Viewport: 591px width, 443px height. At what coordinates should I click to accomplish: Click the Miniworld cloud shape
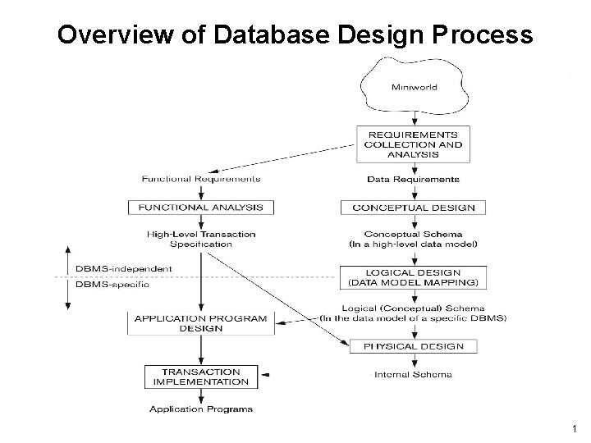pyautogui.click(x=413, y=86)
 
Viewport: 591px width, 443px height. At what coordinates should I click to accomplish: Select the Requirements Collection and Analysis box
pyautogui.click(x=413, y=144)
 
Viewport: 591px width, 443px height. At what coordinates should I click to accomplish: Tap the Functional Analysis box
pyautogui.click(x=201, y=207)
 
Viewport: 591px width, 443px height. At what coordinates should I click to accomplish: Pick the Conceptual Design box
pyautogui.click(x=413, y=207)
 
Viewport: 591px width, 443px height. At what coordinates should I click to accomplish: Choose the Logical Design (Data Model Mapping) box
pyautogui.click(x=413, y=277)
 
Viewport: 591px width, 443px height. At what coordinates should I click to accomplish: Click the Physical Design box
pyautogui.click(x=413, y=346)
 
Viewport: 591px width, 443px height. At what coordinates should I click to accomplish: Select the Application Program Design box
pyautogui.click(x=201, y=323)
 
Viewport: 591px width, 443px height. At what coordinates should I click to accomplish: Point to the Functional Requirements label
pyautogui.click(x=201, y=178)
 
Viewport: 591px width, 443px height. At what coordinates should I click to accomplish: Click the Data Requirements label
pyautogui.click(x=413, y=178)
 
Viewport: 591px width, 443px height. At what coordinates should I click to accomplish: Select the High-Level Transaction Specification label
pyautogui.click(x=201, y=239)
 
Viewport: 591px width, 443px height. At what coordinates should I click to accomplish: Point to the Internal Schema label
pyautogui.click(x=413, y=375)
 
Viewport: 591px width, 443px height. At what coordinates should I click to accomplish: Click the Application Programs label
pyautogui.click(x=201, y=408)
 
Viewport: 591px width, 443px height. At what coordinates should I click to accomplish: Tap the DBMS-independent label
pyautogui.click(x=123, y=268)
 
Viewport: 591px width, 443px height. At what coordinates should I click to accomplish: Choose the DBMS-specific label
pyautogui.click(x=112, y=285)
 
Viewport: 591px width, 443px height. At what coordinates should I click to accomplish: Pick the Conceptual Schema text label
pyautogui.click(x=413, y=232)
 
